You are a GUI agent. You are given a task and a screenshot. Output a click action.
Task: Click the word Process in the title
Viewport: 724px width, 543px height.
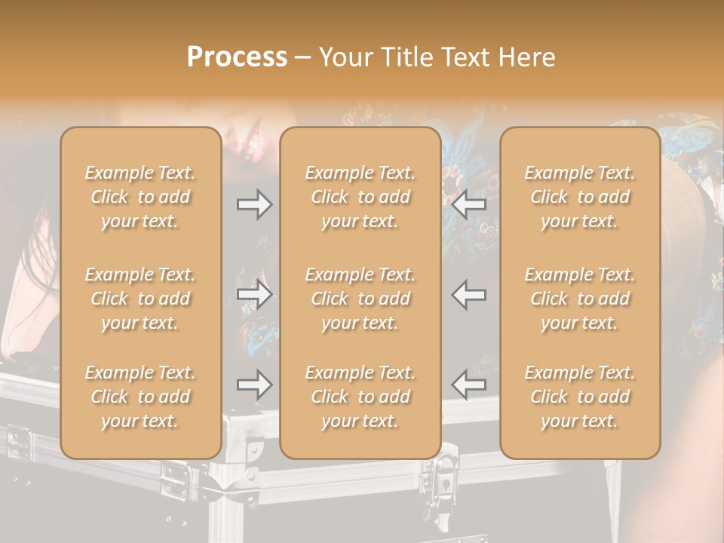point(237,57)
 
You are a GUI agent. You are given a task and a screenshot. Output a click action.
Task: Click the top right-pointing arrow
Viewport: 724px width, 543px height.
point(255,204)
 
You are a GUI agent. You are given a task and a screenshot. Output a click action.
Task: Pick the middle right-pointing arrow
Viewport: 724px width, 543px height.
point(255,294)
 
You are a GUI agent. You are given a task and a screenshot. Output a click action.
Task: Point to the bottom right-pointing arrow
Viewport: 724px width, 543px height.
point(255,384)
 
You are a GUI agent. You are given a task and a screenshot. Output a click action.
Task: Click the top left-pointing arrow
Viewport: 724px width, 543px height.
point(468,204)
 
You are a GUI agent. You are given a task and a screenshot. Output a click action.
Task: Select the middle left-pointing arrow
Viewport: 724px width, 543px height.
point(468,294)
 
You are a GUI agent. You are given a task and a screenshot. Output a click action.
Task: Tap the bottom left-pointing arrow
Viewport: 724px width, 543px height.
point(468,384)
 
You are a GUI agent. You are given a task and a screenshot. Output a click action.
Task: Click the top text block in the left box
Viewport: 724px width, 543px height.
point(140,197)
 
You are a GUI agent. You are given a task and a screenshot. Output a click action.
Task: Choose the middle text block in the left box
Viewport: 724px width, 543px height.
point(140,299)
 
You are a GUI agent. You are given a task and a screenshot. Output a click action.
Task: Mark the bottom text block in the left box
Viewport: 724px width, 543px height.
point(140,397)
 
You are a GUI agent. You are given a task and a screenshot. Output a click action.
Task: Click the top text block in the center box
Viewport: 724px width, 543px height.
point(360,197)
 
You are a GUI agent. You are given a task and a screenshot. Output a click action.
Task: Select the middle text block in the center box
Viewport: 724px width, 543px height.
point(360,299)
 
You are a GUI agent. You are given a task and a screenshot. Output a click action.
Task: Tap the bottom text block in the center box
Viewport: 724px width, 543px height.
point(360,397)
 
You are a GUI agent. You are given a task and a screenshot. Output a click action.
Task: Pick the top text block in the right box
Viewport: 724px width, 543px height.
point(580,197)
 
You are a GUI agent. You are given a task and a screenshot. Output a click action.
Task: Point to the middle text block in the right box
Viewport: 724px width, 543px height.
point(580,299)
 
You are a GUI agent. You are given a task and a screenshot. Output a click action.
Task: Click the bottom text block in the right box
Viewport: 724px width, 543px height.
point(580,397)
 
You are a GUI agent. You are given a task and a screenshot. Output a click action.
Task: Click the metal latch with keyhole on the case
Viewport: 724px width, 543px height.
point(443,485)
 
